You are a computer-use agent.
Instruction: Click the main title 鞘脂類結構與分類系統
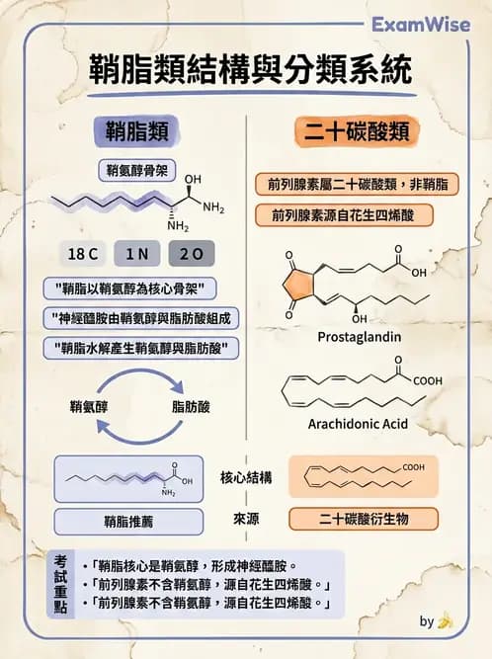[x=246, y=72]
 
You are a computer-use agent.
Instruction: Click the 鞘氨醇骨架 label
[x=137, y=170]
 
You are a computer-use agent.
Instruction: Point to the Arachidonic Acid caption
[x=359, y=425]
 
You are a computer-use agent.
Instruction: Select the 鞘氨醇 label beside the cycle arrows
[x=88, y=406]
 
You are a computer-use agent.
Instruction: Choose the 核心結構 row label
[x=246, y=478]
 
